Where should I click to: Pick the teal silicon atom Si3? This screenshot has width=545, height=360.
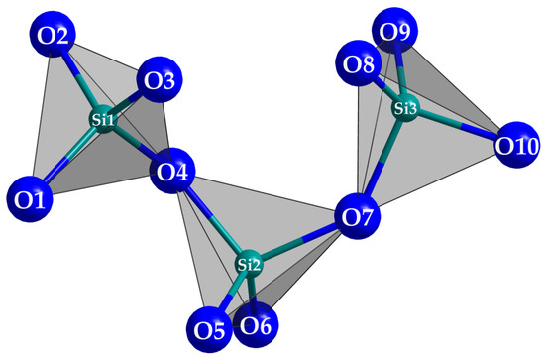pyautogui.click(x=404, y=107)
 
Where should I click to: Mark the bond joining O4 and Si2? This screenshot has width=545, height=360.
pyautogui.click(x=213, y=221)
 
